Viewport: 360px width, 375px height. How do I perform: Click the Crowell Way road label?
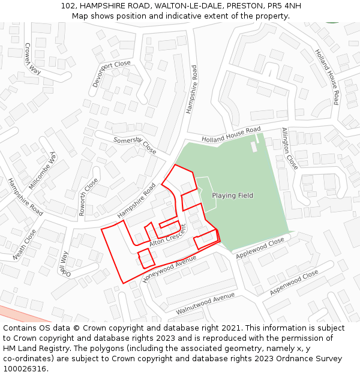[x=32, y=58]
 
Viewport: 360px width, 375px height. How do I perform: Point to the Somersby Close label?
[x=135, y=145]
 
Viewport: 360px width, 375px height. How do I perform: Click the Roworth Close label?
[x=88, y=196]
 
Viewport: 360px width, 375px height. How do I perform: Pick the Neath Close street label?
[x=25, y=244]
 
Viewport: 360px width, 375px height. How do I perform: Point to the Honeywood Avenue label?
[x=170, y=269]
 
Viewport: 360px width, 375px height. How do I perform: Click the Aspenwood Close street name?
[x=294, y=283]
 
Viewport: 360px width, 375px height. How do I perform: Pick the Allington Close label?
[x=289, y=148]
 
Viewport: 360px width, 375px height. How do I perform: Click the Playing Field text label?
[x=232, y=196]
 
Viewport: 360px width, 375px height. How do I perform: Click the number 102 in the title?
[x=68, y=6]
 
